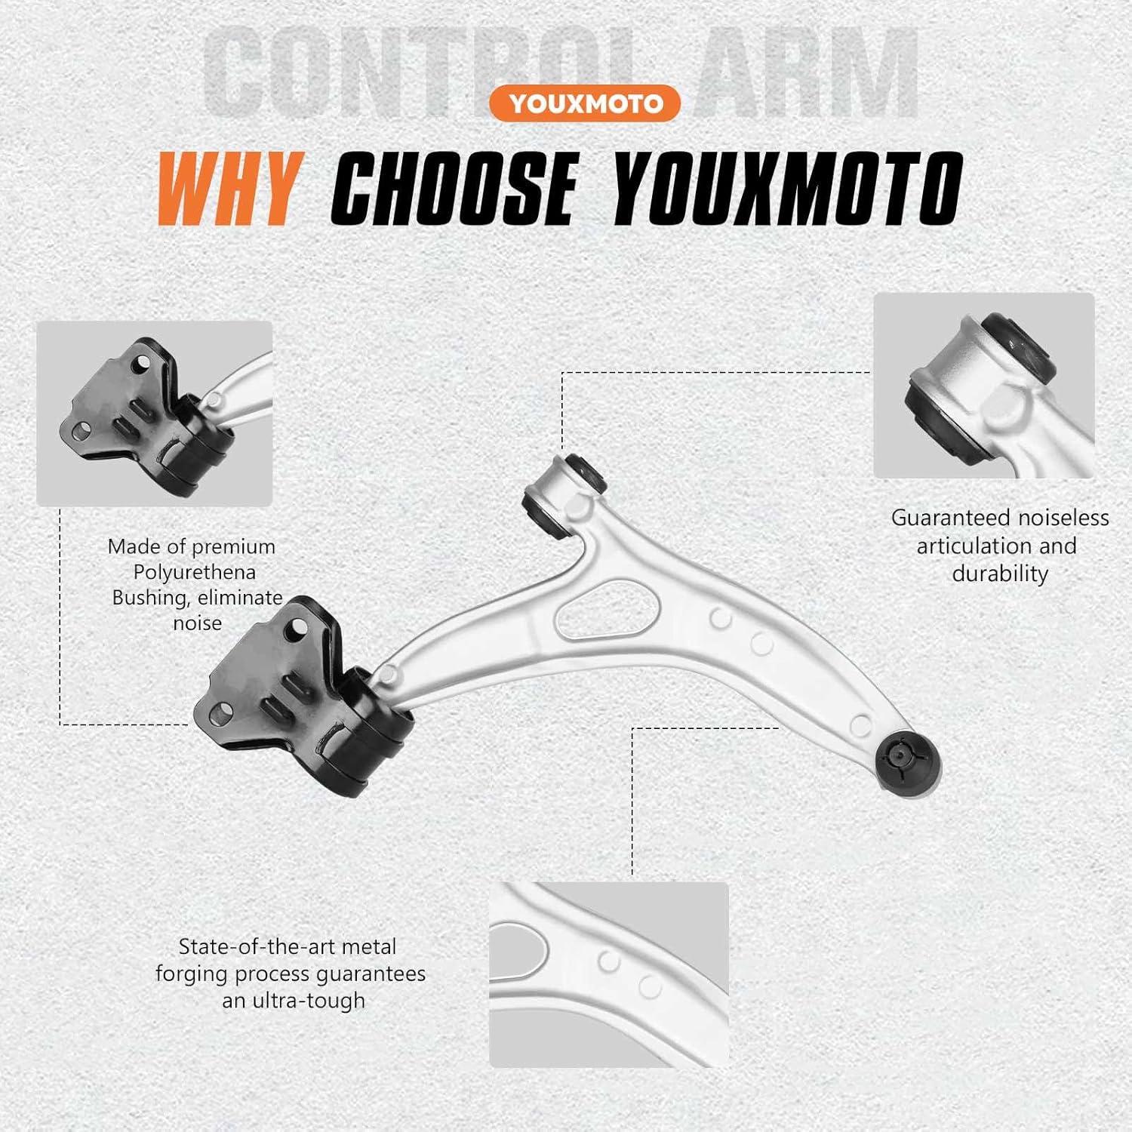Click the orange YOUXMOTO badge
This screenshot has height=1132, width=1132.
click(x=584, y=103)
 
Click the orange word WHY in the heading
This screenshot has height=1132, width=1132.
click(x=228, y=189)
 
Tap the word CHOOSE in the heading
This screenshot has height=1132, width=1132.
click(x=452, y=189)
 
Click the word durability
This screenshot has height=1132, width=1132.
click(x=1000, y=574)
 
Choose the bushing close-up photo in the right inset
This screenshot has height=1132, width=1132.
click(x=983, y=385)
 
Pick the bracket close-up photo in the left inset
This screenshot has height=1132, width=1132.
click(x=154, y=414)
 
